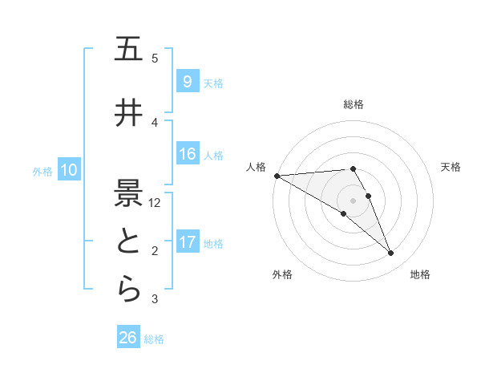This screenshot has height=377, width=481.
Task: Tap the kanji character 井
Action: click(x=128, y=114)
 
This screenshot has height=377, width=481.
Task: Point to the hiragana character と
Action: click(x=128, y=242)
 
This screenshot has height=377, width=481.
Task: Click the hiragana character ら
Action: click(x=128, y=290)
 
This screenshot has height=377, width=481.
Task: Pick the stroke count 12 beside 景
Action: click(x=156, y=203)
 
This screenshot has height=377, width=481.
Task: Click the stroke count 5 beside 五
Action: click(x=155, y=59)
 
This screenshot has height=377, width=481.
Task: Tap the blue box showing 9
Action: click(x=187, y=82)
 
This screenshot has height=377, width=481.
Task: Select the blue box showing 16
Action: click(x=187, y=154)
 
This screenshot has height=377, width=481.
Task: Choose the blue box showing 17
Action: click(x=187, y=242)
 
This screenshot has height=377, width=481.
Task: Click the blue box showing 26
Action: click(x=128, y=338)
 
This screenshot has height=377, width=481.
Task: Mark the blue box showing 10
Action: click(x=69, y=170)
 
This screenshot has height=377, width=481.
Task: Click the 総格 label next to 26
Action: click(x=154, y=339)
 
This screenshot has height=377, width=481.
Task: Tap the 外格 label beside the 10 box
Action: click(x=42, y=172)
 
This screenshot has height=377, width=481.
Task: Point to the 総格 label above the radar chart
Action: click(x=354, y=104)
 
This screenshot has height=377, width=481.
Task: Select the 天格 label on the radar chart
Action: click(x=451, y=167)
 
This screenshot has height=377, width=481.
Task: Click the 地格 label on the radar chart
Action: click(x=420, y=274)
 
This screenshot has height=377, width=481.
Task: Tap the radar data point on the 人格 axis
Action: click(x=277, y=176)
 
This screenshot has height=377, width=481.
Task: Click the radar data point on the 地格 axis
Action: click(x=391, y=253)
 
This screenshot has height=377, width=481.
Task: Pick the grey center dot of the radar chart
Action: click(x=353, y=200)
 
